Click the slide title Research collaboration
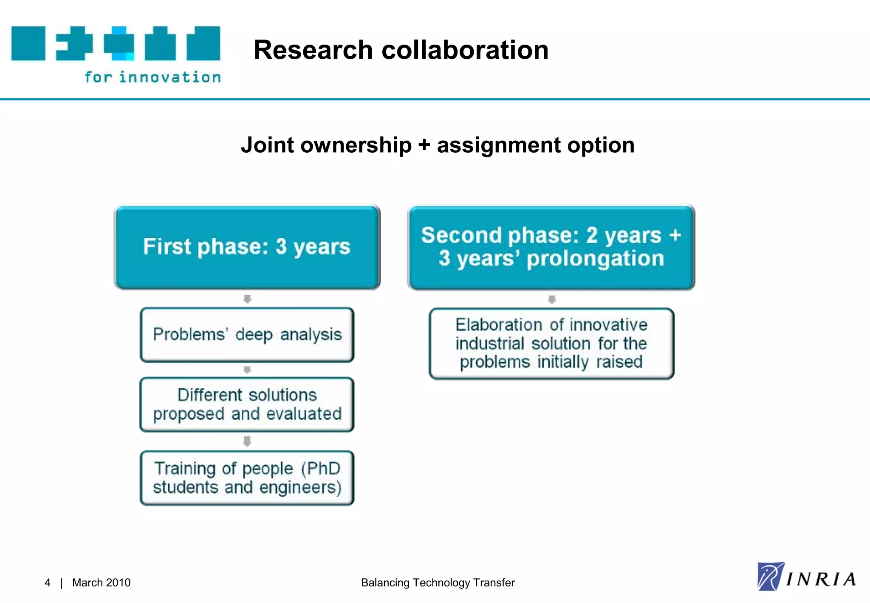click(x=401, y=50)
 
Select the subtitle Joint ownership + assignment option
click(x=438, y=145)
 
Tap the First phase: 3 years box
click(x=247, y=247)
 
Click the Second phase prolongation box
click(x=551, y=247)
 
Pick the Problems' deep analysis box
click(x=247, y=335)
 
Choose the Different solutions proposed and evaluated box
click(x=247, y=404)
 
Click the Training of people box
click(x=247, y=478)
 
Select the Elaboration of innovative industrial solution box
click(x=551, y=344)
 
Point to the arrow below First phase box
click(x=247, y=299)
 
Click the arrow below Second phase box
click(x=552, y=299)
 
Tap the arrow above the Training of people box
click(x=247, y=441)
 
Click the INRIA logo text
click(x=821, y=580)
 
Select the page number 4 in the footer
click(x=48, y=583)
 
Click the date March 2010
click(x=101, y=583)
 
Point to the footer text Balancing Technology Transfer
click(x=438, y=583)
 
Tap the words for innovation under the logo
click(x=153, y=77)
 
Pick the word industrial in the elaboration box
click(x=490, y=344)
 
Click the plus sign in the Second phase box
click(x=675, y=235)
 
